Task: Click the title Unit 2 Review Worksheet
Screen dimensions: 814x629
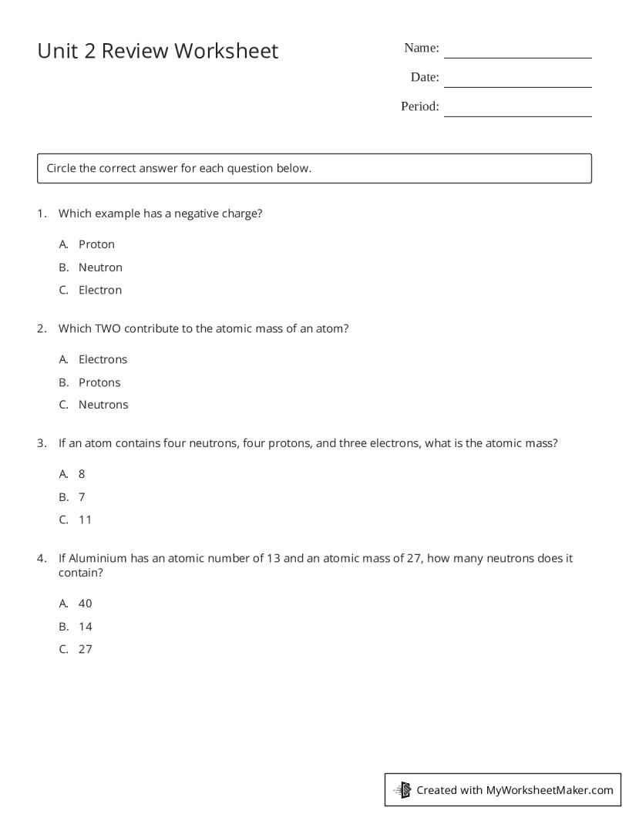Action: pyautogui.click(x=157, y=51)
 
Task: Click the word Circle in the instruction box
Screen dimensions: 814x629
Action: pyautogui.click(x=61, y=168)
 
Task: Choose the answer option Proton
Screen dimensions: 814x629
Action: pyautogui.click(x=96, y=244)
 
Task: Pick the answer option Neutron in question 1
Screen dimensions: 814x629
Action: pyautogui.click(x=100, y=267)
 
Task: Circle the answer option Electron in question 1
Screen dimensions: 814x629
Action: pyautogui.click(x=100, y=291)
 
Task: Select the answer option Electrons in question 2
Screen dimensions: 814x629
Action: pyautogui.click(x=103, y=359)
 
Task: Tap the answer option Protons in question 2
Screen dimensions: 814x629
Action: pyautogui.click(x=99, y=382)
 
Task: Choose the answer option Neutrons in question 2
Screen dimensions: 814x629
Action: pyautogui.click(x=103, y=405)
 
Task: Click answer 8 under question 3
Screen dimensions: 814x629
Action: pyautogui.click(x=82, y=474)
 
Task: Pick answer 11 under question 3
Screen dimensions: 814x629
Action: pyautogui.click(x=85, y=520)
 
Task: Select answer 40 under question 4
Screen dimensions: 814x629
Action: pyautogui.click(x=85, y=604)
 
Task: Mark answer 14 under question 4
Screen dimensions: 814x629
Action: pyautogui.click(x=85, y=627)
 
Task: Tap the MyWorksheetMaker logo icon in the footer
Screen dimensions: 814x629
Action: pyautogui.click(x=402, y=790)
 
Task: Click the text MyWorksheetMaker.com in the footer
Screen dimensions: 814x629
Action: pyautogui.click(x=550, y=790)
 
